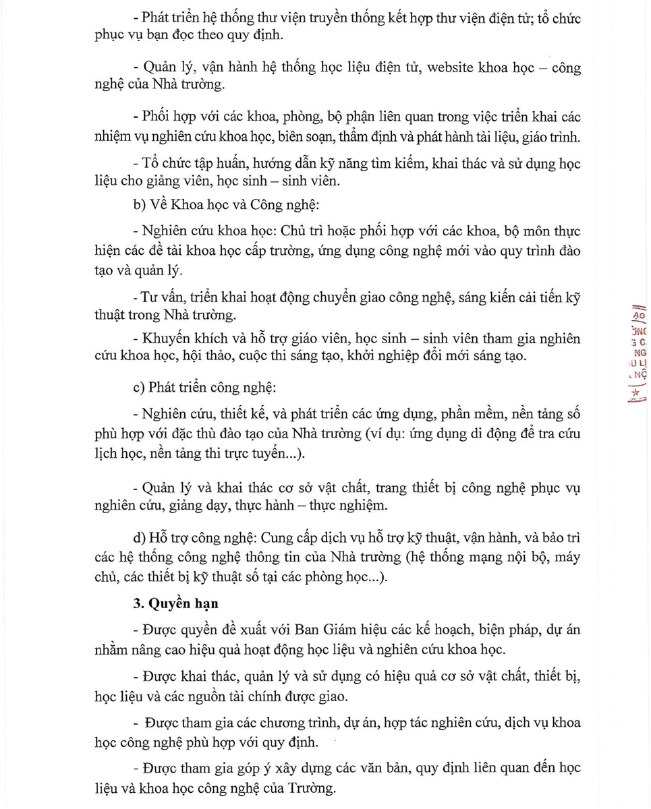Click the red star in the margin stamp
[x=635, y=392]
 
